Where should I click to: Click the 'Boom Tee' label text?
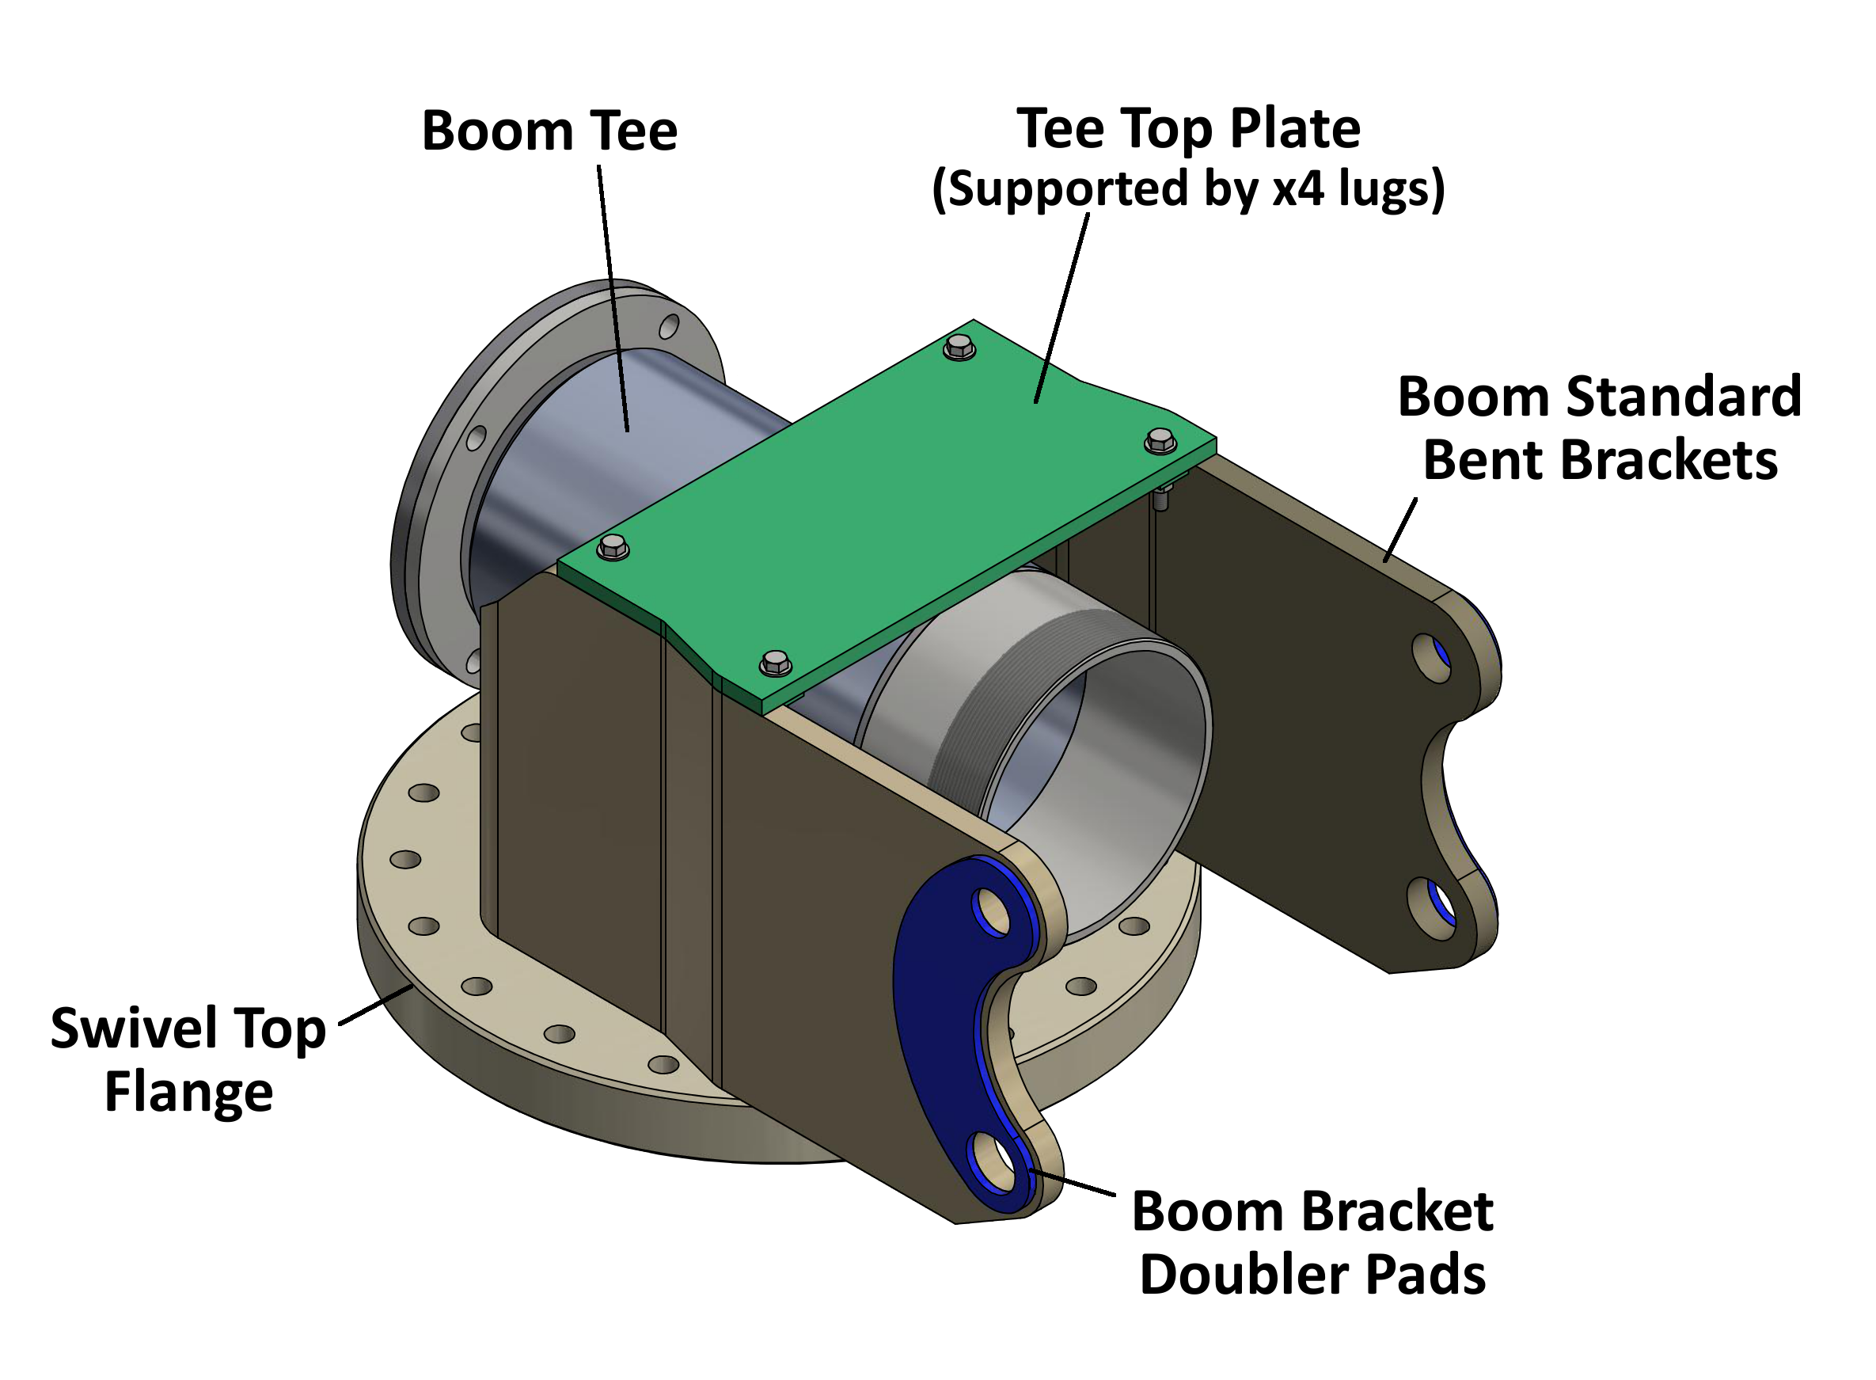pyautogui.click(x=549, y=131)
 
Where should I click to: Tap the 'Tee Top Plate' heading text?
pyautogui.click(x=1188, y=130)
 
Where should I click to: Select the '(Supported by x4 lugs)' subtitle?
pyautogui.click(x=1188, y=188)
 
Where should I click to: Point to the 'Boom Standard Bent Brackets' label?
pyautogui.click(x=1599, y=428)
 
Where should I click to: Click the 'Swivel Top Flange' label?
pyautogui.click(x=188, y=1059)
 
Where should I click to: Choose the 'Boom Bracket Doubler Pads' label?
pyautogui.click(x=1312, y=1242)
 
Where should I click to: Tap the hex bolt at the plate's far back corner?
pyautogui.click(x=959, y=346)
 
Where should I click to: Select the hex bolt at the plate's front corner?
pyautogui.click(x=775, y=663)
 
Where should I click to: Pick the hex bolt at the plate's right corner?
pyautogui.click(x=1160, y=440)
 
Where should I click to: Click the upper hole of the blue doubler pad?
pyautogui.click(x=993, y=912)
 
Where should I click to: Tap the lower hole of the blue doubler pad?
pyautogui.click(x=994, y=1161)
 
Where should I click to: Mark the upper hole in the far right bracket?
pyautogui.click(x=1433, y=657)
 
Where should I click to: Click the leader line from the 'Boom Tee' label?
pyautogui.click(x=612, y=292)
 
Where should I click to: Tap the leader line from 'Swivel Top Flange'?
pyautogui.click(x=376, y=1006)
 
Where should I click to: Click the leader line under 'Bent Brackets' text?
pyautogui.click(x=1401, y=530)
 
